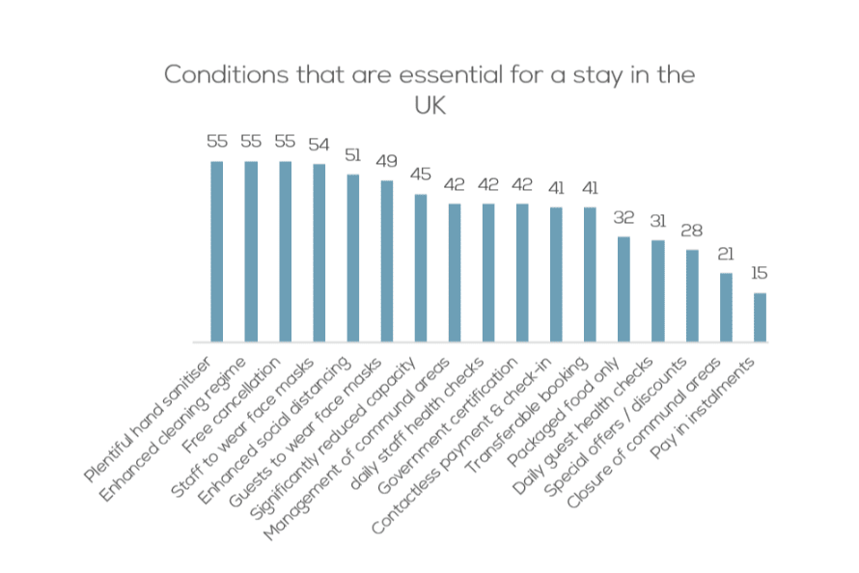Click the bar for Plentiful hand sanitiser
point(217,252)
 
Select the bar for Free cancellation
point(285,252)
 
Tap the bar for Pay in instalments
point(760,317)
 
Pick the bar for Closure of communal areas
point(726,308)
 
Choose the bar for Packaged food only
point(623,289)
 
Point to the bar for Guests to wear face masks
point(386,261)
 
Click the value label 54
point(319,144)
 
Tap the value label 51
point(352,154)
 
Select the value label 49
point(386,161)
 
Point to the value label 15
point(760,273)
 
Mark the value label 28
point(692,231)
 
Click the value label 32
point(623,217)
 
